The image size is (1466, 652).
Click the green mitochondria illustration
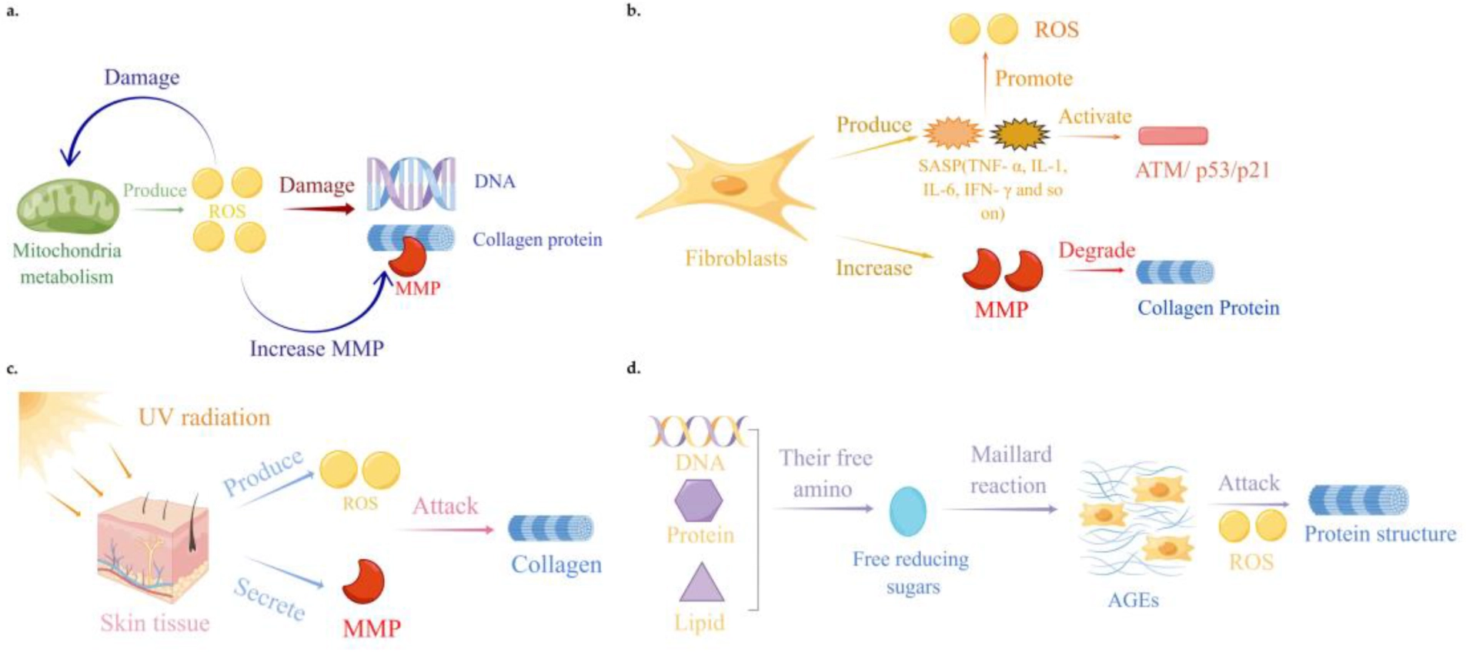68,206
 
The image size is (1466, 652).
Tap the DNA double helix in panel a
410,183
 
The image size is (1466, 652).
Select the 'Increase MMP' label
316,349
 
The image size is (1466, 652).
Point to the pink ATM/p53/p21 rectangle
1172,136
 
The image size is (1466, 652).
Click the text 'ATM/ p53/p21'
1202,170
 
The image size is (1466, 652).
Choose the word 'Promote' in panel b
1033,79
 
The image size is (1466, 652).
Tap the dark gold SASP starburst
1019,134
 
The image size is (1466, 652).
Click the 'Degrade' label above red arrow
1096,250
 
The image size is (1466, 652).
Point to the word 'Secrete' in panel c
269,599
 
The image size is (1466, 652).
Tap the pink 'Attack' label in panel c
445,506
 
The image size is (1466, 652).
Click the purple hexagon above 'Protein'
698,500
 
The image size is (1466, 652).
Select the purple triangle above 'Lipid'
701,583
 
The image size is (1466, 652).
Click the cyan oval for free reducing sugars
907,511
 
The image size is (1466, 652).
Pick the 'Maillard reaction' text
1009,470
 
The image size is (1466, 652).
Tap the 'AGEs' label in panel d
1132,600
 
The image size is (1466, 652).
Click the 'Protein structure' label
1379,534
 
